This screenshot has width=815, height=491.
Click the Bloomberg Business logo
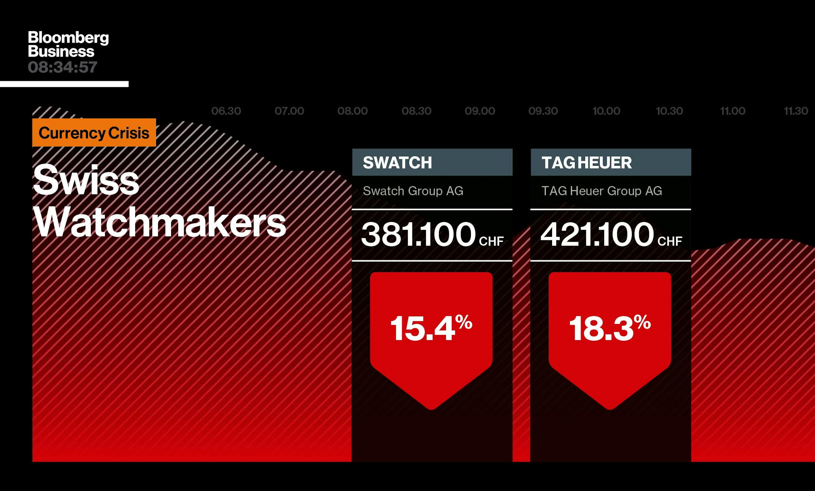click(x=68, y=44)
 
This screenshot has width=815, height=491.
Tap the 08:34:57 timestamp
click(x=62, y=68)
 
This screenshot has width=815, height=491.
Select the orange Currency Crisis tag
click(x=94, y=132)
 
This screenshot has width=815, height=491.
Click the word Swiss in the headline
click(x=86, y=180)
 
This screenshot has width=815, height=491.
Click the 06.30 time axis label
click(x=226, y=111)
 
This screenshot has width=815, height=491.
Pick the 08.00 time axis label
click(x=353, y=111)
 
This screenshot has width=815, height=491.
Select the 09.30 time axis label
click(x=543, y=111)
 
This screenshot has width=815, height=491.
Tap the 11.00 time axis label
click(x=733, y=111)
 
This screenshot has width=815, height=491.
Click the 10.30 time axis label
click(x=669, y=111)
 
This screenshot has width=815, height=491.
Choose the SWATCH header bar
click(x=432, y=162)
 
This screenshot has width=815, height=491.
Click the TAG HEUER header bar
click(x=611, y=162)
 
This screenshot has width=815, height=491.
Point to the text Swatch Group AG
click(x=413, y=191)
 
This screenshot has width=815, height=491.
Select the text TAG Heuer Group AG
click(x=602, y=191)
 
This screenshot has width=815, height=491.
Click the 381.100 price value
click(x=418, y=234)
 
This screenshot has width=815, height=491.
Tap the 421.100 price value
click(x=597, y=234)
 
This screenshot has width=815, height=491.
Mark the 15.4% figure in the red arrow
click(x=431, y=328)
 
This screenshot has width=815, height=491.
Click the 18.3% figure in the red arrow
click(x=610, y=328)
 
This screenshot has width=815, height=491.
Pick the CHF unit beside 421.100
click(x=670, y=241)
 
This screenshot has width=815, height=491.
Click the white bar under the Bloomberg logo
click(x=64, y=84)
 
